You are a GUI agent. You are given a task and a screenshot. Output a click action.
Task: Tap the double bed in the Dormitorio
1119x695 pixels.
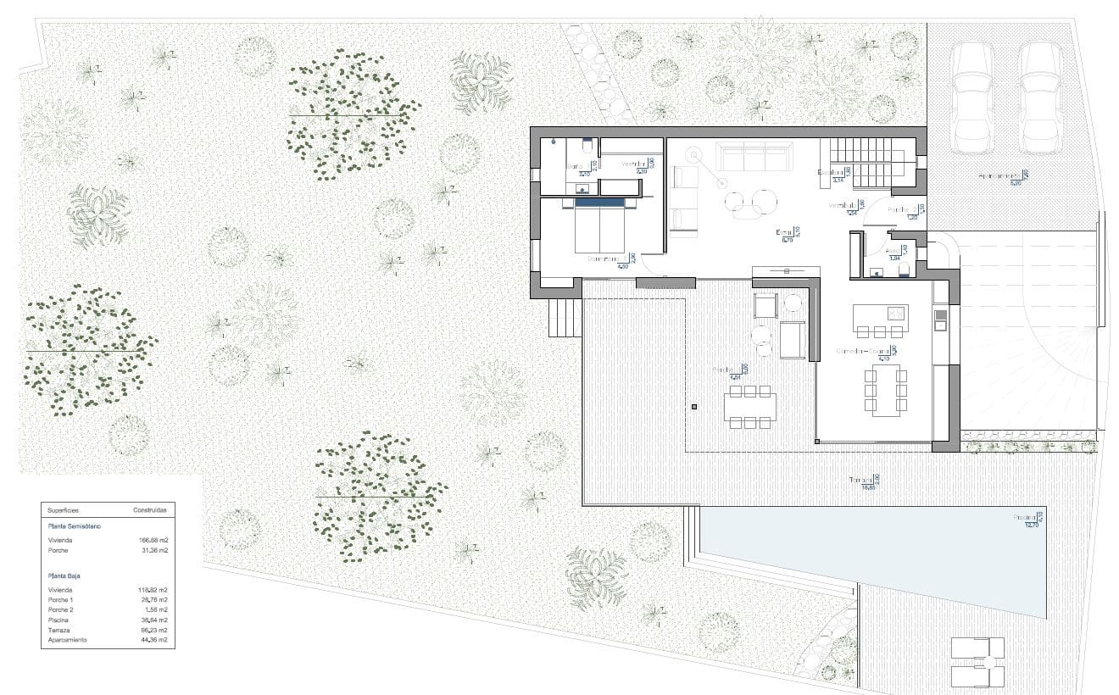pos(601,226)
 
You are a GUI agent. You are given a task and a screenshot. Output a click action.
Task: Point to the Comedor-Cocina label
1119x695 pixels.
pos(863,351)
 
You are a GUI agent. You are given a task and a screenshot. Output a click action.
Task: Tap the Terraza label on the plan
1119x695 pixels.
pos(863,481)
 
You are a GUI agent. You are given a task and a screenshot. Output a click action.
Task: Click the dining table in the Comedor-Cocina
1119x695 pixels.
pos(885,390)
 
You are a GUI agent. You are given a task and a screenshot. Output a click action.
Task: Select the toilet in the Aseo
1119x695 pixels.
pos(904,270)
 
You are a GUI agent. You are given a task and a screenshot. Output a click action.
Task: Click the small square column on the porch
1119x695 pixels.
pos(694,408)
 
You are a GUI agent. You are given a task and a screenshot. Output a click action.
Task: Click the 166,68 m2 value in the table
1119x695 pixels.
pos(153,539)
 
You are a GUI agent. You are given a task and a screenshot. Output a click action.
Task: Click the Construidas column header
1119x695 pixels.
pos(149,510)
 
